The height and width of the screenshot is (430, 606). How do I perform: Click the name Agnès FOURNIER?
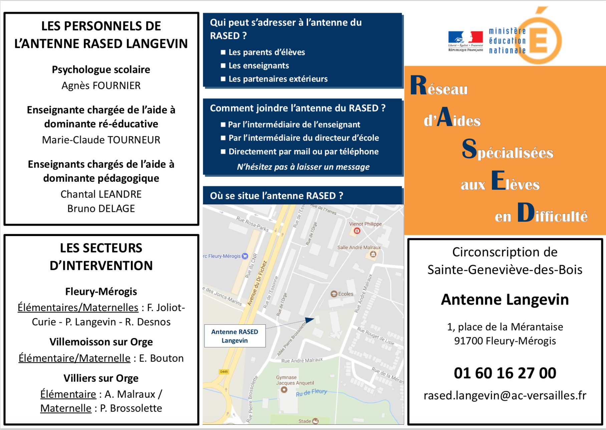click(101, 86)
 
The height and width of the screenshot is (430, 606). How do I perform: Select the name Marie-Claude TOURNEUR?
click(101, 140)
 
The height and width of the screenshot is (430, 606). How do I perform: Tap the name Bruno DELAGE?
click(101, 209)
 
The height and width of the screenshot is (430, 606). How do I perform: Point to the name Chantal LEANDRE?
click(101, 194)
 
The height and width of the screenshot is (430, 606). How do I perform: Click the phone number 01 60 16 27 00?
click(505, 373)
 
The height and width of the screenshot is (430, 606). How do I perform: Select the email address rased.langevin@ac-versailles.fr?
click(505, 396)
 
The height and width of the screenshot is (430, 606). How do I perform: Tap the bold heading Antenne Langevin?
click(505, 300)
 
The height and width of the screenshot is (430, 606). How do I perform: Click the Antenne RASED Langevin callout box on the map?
click(235, 336)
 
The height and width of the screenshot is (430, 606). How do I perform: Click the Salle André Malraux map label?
click(359, 247)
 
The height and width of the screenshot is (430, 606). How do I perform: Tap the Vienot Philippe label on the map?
click(365, 224)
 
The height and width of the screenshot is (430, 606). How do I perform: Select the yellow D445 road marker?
click(224, 372)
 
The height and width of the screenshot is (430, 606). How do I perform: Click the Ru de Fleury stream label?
click(311, 393)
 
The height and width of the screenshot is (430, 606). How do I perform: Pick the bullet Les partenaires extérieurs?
click(278, 79)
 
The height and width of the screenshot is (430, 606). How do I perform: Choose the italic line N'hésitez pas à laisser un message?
click(303, 167)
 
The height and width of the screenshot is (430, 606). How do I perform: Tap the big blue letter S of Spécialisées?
click(469, 149)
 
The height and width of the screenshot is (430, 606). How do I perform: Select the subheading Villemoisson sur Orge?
click(101, 342)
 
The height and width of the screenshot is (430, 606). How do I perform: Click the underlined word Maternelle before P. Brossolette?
click(66, 408)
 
